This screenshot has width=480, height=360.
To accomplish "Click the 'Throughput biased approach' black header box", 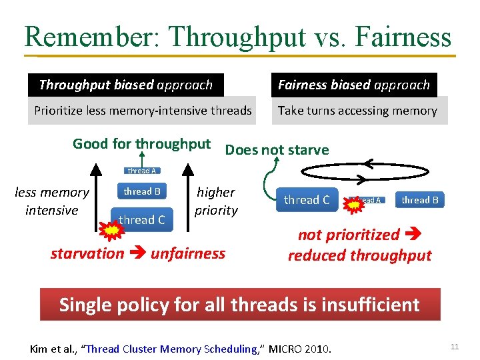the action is pos(126,85).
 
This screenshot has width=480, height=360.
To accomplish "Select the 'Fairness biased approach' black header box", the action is pos(353,85).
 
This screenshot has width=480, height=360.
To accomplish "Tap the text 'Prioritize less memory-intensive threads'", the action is pos(143,111).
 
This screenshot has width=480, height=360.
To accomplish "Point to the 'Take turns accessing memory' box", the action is pos(358,111).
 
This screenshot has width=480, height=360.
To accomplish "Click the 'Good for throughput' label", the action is pos(141,143).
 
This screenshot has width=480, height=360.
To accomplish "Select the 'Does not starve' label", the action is pos(277,149).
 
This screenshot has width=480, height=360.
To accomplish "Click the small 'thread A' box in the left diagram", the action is pos(142,171).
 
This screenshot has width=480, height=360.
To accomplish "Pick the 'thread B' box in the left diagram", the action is pos(142,191).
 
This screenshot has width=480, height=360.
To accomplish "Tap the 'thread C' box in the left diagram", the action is pos(142,219).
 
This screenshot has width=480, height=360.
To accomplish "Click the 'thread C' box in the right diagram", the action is pos(307,199).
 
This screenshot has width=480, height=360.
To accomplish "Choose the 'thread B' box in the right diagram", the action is pos(420,199).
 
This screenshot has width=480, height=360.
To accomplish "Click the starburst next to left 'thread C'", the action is pos(112,231).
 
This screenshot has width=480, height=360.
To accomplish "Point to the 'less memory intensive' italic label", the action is pos(52,201).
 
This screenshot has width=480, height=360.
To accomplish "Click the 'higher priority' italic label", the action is pos(216,201).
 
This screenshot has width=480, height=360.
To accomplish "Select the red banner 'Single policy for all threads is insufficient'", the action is pos(240,305).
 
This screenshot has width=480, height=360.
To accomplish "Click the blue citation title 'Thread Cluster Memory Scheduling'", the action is pos(173,349).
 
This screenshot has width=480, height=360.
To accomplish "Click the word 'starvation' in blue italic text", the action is pos(87,253).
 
